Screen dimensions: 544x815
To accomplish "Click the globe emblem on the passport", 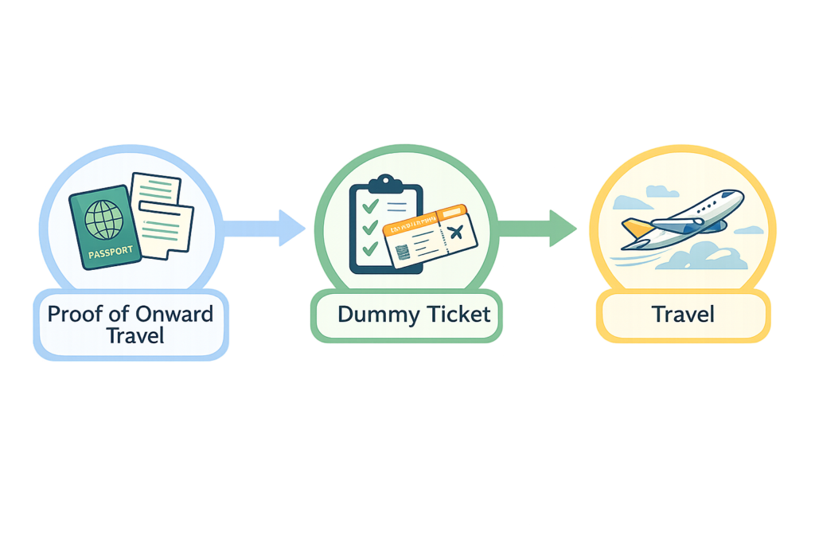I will [103, 216].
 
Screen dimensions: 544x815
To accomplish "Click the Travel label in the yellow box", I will [683, 314].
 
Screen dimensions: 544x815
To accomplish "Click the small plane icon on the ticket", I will [455, 233].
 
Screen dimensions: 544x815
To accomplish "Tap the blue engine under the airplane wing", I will [708, 226].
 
